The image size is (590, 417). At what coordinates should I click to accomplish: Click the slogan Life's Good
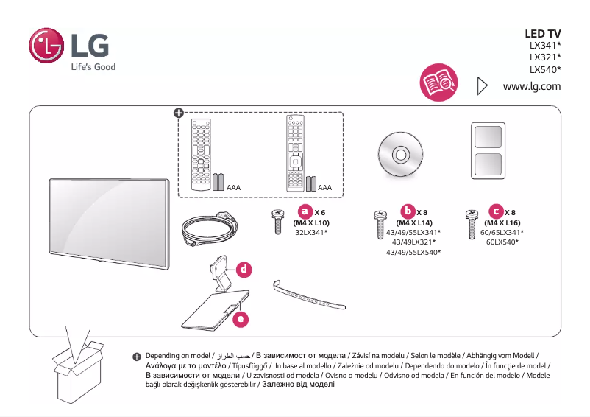pyautogui.click(x=93, y=67)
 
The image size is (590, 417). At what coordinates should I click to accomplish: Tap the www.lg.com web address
pyautogui.click(x=532, y=86)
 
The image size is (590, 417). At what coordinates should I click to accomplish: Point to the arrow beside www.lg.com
pyautogui.click(x=483, y=86)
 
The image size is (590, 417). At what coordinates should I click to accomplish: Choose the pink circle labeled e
pyautogui.click(x=240, y=319)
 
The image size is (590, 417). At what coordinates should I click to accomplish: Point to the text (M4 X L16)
pyautogui.click(x=503, y=222)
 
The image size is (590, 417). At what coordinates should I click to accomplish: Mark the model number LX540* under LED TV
pyautogui.click(x=545, y=70)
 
